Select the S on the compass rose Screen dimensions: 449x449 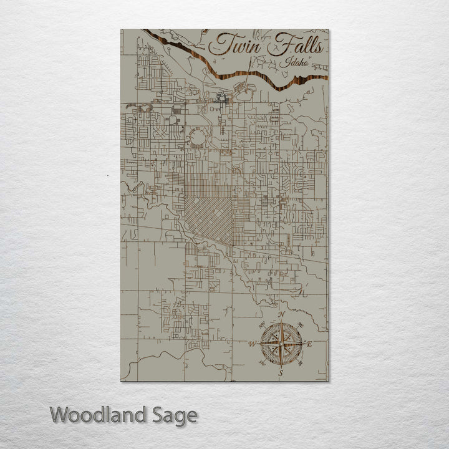[281, 373]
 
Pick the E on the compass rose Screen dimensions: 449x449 [310, 344]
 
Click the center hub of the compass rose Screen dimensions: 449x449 [282, 344]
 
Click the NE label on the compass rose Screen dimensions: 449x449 [301, 325]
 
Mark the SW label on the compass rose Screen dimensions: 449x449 [263, 363]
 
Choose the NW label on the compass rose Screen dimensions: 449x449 [263, 325]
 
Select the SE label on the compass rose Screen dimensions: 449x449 [301, 363]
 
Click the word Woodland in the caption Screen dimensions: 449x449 [100, 415]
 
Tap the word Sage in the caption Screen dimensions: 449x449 [175, 415]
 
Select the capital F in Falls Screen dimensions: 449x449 [278, 45]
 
